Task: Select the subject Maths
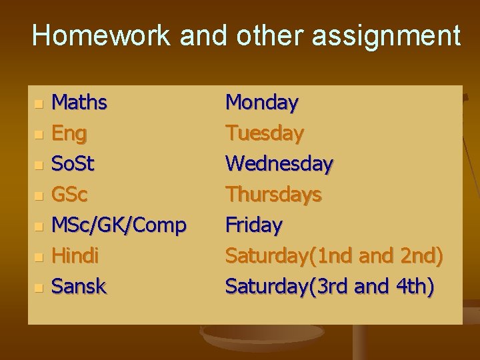point(79,103)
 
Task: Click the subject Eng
point(69,133)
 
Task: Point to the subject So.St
point(73,164)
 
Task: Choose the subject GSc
point(70,195)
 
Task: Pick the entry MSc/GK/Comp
point(119,225)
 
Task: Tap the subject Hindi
point(75,256)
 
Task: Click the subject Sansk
point(79,287)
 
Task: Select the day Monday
point(262,103)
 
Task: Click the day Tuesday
point(265,133)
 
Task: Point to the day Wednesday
point(279,164)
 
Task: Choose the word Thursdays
point(273,195)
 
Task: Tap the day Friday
point(253,225)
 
